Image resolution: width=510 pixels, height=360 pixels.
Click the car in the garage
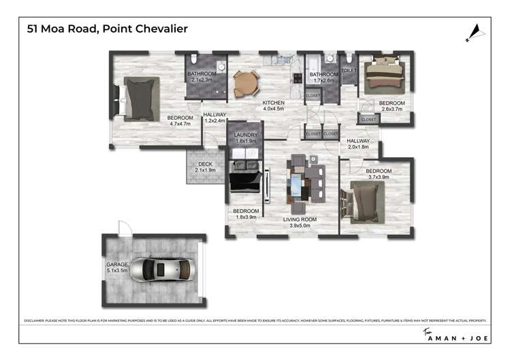(x=156, y=269)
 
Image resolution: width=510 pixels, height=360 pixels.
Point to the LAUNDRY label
(x=245, y=135)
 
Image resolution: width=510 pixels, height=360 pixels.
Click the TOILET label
(x=349, y=70)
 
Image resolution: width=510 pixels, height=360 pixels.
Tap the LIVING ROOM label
(x=300, y=218)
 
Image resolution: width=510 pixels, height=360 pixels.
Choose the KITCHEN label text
(x=274, y=103)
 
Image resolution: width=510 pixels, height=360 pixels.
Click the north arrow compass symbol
(x=475, y=31)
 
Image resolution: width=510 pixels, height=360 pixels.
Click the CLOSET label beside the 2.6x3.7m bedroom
(x=368, y=119)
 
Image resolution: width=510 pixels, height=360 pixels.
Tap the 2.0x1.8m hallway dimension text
(x=357, y=147)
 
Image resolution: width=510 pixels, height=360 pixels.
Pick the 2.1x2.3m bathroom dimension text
(x=202, y=80)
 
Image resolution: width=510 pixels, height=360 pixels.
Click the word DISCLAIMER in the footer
(x=34, y=320)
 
